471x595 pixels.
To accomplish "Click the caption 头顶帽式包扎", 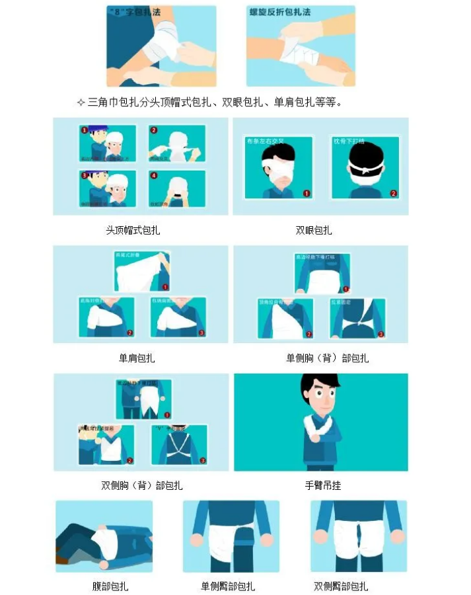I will [133, 231].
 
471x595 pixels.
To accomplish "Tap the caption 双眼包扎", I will [314, 231].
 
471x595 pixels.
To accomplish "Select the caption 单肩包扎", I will [137, 358].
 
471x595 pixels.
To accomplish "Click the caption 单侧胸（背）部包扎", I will [327, 358].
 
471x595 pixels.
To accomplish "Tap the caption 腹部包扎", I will [110, 586].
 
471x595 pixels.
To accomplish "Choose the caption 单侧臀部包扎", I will [228, 586].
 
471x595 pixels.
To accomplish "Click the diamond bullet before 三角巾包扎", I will [81, 102].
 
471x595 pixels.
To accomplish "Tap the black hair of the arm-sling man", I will [319, 383].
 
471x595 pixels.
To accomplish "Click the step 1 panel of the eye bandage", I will [278, 168].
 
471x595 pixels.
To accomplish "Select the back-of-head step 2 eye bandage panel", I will [365, 168].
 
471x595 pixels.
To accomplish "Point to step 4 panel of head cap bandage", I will [177, 189].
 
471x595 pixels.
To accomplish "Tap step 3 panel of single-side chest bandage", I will [357, 318].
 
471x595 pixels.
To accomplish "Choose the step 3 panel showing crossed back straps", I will [179, 444].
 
